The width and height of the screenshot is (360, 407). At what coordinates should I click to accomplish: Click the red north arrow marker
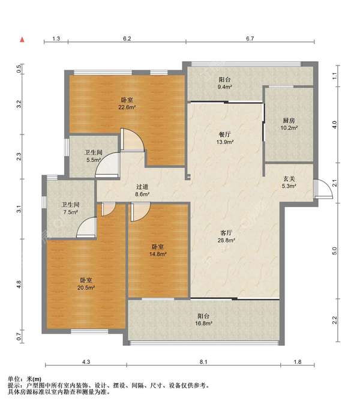(22, 40)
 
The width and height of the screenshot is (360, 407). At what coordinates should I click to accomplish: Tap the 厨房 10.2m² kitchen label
(289, 124)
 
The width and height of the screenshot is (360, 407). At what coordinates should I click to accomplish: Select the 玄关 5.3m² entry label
(289, 182)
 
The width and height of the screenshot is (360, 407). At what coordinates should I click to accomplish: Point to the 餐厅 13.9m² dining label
(225, 138)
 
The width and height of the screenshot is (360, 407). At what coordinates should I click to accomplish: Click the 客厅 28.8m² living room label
(226, 237)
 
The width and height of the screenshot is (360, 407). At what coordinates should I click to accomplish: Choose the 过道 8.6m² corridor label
(142, 190)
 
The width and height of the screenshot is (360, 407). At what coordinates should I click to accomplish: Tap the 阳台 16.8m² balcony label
(203, 319)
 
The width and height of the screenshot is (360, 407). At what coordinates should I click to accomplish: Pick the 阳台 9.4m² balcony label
(224, 83)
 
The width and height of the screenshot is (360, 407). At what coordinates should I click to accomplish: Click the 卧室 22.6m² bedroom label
(127, 103)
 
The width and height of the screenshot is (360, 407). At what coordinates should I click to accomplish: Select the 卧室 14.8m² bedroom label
(158, 250)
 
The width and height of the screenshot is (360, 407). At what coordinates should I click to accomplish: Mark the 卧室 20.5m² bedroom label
(86, 284)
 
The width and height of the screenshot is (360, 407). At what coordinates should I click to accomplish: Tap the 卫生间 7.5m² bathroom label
(71, 208)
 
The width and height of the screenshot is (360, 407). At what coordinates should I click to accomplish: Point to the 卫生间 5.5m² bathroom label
(94, 156)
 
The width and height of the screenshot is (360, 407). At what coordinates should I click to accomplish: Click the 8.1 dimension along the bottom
(203, 361)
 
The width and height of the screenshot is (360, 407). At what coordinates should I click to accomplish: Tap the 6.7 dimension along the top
(250, 38)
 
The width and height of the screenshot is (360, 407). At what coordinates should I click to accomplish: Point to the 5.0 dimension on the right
(335, 251)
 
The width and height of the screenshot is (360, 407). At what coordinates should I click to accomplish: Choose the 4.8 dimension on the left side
(19, 285)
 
